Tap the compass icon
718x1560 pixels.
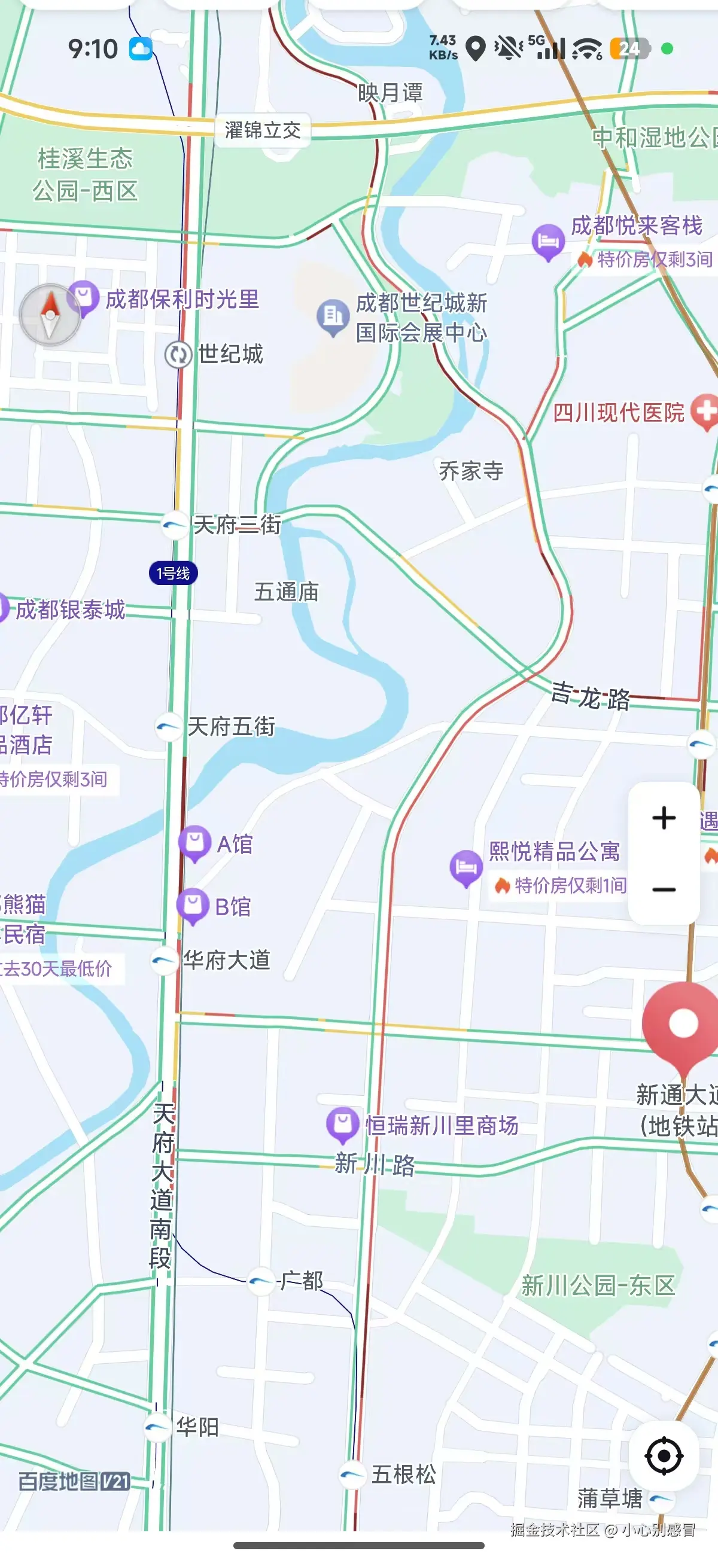[x=50, y=314]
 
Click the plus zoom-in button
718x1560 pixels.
[x=664, y=818]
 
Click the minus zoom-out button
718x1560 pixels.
[x=664, y=889]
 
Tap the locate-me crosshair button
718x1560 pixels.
[x=664, y=1455]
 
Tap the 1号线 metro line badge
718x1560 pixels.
[x=174, y=573]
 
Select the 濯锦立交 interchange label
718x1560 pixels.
[x=263, y=130]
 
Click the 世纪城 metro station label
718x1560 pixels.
[x=230, y=354]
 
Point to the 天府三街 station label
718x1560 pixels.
[x=236, y=525]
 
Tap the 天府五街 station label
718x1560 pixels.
[x=231, y=726]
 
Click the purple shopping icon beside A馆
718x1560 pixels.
[x=194, y=842]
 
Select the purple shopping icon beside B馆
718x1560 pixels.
[x=193, y=906]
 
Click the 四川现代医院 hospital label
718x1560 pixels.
[x=619, y=412]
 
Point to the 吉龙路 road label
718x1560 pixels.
[x=591, y=696]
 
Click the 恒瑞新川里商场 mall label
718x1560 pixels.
[x=442, y=1126]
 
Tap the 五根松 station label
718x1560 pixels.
[x=403, y=1474]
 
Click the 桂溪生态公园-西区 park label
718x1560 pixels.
[x=86, y=175]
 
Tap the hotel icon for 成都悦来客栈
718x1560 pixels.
[x=547, y=241]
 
